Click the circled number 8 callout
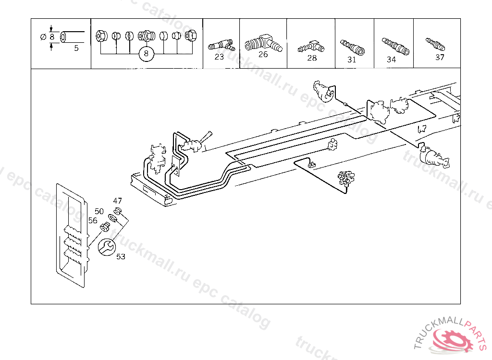pyautogui.click(x=146, y=54)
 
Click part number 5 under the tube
pyautogui.click(x=76, y=48)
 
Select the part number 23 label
pyautogui.click(x=219, y=57)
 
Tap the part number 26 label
pyautogui.click(x=263, y=54)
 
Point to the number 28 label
pyautogui.click(x=312, y=58)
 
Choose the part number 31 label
pyautogui.click(x=352, y=60)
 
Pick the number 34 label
pyautogui.click(x=391, y=60)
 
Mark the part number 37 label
pyautogui.click(x=440, y=57)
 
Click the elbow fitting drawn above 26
pyautogui.click(x=263, y=42)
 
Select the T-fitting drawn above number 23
pyautogui.click(x=221, y=46)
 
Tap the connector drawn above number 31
pyautogui.click(x=352, y=47)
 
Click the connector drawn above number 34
pyautogui.click(x=395, y=46)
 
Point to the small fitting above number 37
pyautogui.click(x=435, y=45)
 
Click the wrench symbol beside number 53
pyautogui.click(x=106, y=247)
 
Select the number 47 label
pyautogui.click(x=118, y=201)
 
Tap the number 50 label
pyautogui.click(x=99, y=211)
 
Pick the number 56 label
pyautogui.click(x=93, y=220)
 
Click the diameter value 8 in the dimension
pyautogui.click(x=51, y=36)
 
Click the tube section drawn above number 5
pyautogui.click(x=71, y=36)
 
